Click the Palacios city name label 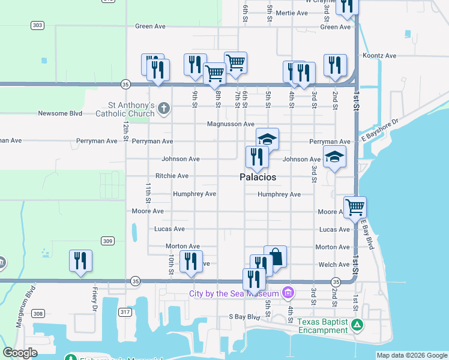258,178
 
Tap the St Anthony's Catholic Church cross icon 164,109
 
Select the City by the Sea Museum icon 289,293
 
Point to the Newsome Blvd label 59,113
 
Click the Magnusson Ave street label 231,124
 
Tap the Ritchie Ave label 172,176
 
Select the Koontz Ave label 379,56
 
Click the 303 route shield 37,25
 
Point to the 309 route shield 107,241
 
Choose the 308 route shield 37,314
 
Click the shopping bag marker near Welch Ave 275,256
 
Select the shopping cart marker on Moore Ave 355,207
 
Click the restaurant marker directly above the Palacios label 256,157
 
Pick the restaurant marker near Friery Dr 80,260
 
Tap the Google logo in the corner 20,353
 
